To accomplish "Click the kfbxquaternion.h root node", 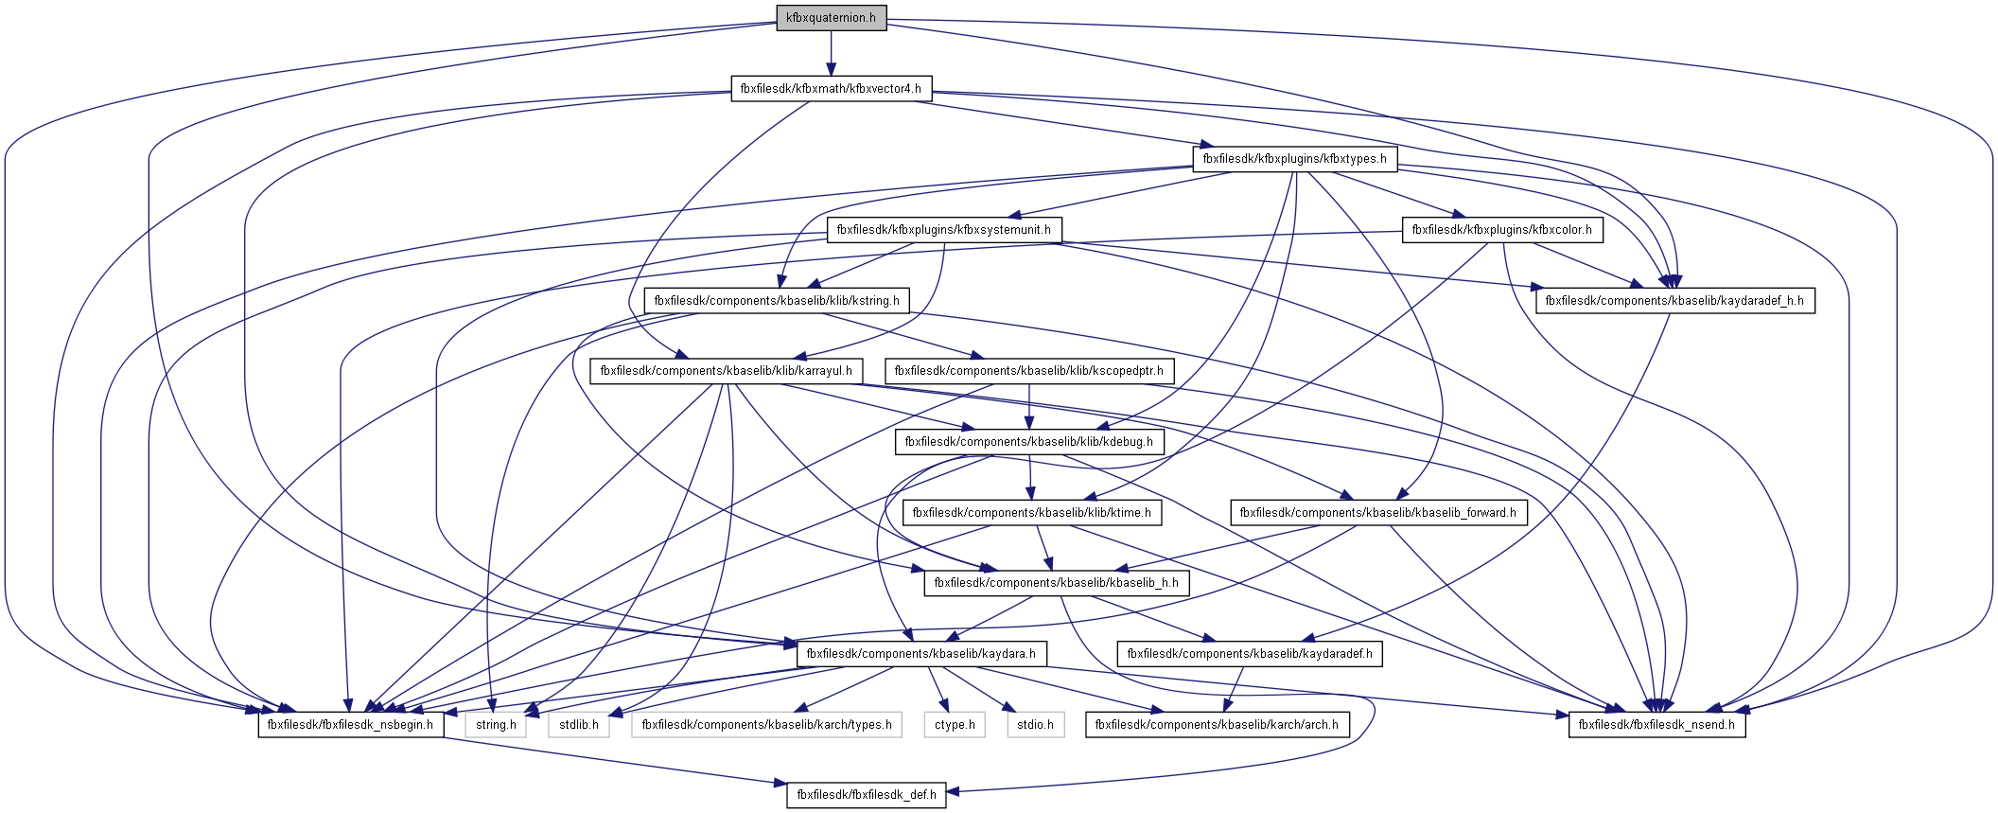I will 831,18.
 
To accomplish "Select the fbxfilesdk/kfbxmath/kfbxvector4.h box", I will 831,89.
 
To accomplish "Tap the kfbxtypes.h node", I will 1294,159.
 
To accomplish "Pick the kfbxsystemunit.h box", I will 943,230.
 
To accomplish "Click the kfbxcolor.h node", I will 1501,230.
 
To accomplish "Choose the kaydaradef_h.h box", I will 1674,301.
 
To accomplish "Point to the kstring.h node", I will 777,301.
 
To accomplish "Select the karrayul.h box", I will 726,371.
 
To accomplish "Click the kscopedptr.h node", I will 1028,371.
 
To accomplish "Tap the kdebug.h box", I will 1028,442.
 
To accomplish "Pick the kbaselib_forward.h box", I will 1377,513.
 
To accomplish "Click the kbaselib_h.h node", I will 1056,583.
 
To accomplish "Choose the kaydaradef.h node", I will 1249,654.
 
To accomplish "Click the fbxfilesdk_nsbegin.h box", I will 350,725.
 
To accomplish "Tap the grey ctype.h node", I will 955,725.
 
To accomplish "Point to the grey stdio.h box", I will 1035,725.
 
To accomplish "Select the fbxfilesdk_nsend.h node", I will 1656,725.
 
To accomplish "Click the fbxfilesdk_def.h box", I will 866,795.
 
